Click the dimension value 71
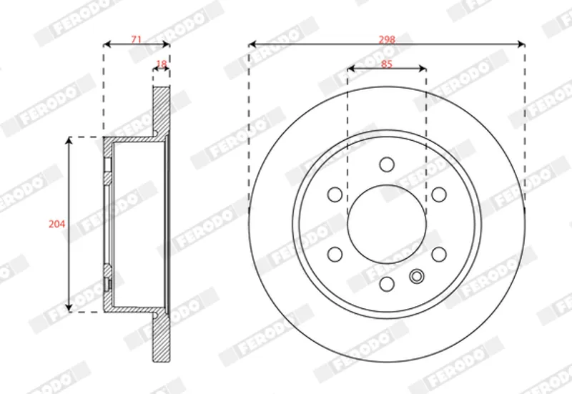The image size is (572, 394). click(x=136, y=39)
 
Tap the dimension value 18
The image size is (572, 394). click(x=162, y=64)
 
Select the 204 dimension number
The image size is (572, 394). click(x=57, y=224)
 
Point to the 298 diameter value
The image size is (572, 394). click(x=387, y=39)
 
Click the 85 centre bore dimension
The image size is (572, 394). click(x=386, y=64)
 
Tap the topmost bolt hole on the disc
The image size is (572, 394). click(x=387, y=164)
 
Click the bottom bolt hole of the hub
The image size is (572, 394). click(x=387, y=284)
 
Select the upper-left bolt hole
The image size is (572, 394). click(x=335, y=194)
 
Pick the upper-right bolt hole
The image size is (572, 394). click(x=439, y=194)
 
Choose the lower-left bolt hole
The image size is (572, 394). click(x=335, y=255)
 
